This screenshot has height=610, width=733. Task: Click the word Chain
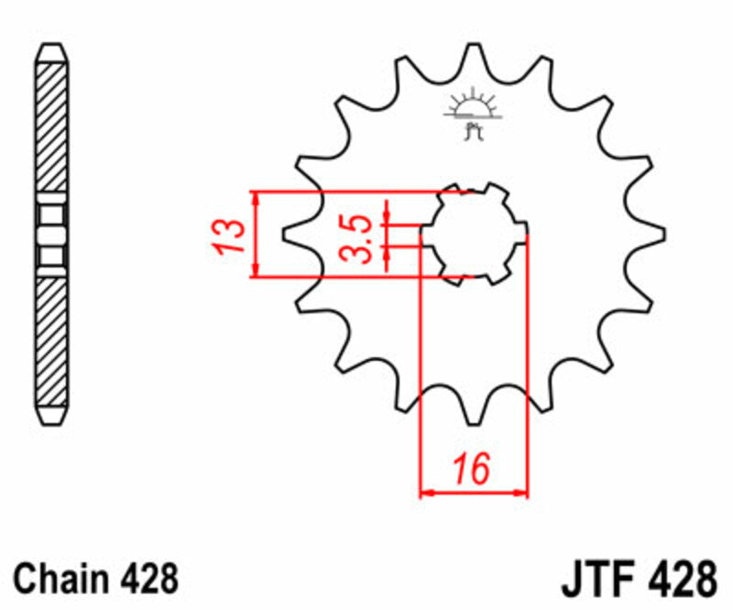click(62, 579)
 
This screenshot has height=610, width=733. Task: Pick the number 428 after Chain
click(148, 579)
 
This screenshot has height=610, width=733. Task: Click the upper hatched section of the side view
click(51, 128)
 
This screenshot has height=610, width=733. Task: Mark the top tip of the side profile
click(51, 48)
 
